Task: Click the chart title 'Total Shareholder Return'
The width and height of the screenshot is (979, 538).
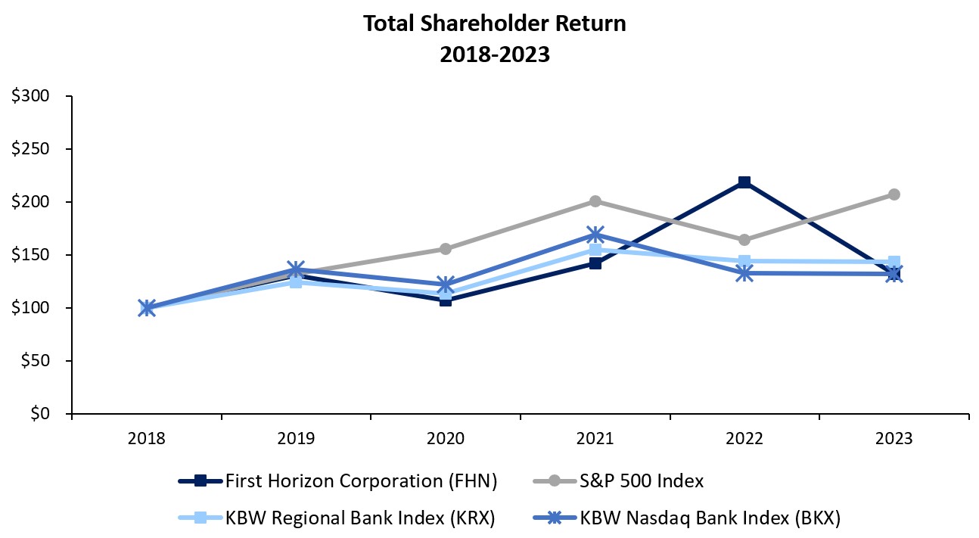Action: click(494, 23)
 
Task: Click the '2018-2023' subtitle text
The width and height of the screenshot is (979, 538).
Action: click(494, 55)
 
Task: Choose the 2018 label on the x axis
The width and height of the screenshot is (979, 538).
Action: click(147, 439)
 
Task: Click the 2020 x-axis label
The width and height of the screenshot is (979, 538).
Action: click(446, 439)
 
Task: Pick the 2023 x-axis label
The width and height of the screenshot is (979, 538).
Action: click(894, 439)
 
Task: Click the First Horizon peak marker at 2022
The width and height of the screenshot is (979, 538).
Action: click(744, 182)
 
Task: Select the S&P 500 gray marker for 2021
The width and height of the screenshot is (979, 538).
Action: click(595, 201)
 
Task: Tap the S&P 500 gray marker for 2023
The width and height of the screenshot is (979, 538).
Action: click(894, 194)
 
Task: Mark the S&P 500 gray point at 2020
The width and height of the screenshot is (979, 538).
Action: click(446, 249)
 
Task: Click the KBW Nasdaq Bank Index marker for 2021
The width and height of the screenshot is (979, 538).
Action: click(595, 235)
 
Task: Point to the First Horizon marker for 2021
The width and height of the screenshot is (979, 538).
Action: click(595, 263)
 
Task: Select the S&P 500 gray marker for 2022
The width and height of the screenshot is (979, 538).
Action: click(744, 240)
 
